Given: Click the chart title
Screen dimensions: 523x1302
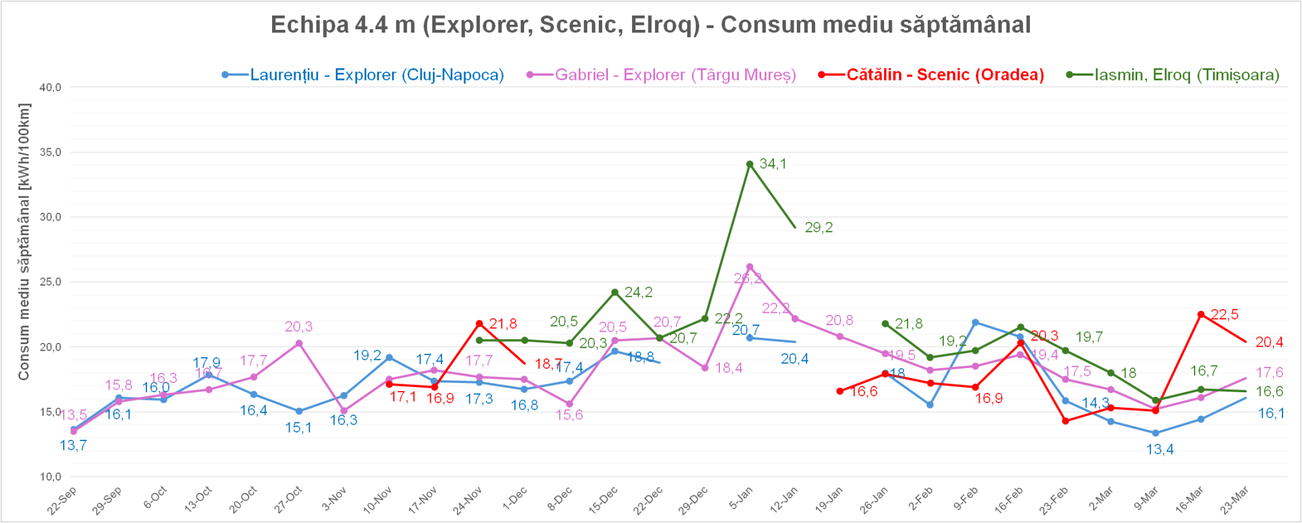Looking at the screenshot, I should tap(650, 25).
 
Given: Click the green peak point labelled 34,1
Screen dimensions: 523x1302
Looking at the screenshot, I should tap(750, 164).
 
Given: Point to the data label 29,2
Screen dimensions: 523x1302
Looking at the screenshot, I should tap(818, 228).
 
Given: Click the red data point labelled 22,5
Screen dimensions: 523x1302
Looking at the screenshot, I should tap(1201, 314).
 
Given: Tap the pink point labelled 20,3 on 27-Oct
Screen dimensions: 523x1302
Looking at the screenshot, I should tap(299, 343).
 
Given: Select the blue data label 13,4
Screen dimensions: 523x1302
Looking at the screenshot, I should tap(1159, 449).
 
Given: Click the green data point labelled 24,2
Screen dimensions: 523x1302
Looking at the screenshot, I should tap(615, 292).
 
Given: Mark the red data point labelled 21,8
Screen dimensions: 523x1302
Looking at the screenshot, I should tap(479, 323).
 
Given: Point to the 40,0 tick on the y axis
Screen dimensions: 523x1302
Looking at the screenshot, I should tap(50, 87).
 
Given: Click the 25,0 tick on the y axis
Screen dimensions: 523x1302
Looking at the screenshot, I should tap(50, 282).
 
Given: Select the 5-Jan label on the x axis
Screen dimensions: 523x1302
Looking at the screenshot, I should tap(741, 499).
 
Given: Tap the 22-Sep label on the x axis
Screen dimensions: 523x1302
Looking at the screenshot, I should tap(62, 500).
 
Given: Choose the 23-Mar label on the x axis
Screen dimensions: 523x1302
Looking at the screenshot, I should tap(1234, 500).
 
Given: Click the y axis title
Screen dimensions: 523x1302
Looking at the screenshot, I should tap(24, 241).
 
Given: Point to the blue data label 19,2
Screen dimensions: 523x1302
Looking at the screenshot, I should tap(367, 355).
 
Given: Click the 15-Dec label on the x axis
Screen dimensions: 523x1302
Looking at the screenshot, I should tap(603, 500).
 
